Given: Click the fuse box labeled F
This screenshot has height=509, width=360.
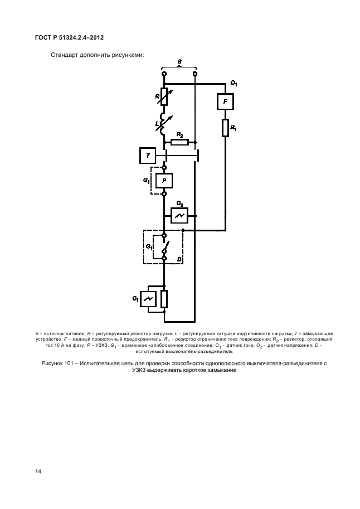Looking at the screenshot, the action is click(x=225, y=101).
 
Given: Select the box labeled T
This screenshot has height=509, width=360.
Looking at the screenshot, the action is click(x=148, y=156).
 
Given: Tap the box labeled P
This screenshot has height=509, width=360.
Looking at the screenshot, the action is click(x=164, y=181).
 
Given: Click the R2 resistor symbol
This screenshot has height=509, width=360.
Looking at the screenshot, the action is click(x=179, y=142).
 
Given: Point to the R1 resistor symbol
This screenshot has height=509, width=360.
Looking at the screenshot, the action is click(x=225, y=128).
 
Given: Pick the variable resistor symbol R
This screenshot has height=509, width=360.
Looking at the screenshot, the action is click(x=164, y=97).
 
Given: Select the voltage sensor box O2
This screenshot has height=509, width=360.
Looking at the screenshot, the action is click(x=179, y=216).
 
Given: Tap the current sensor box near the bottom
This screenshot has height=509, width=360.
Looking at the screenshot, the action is click(x=148, y=299).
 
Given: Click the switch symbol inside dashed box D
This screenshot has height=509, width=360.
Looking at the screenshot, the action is click(x=165, y=247).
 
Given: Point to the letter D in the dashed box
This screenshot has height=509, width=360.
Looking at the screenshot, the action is click(x=179, y=259).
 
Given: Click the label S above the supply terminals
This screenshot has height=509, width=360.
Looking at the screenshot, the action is click(x=179, y=61).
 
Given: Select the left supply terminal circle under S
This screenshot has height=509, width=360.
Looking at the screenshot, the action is click(x=164, y=74).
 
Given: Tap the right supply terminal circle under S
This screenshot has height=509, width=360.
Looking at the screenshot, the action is click(x=195, y=74).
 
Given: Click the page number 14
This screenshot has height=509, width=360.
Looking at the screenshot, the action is click(x=38, y=471).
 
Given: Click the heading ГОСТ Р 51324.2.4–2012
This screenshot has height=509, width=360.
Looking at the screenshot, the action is click(x=69, y=37).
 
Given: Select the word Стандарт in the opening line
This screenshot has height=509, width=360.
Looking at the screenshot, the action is click(x=64, y=55).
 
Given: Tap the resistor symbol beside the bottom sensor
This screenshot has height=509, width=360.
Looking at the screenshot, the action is click(x=164, y=299).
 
